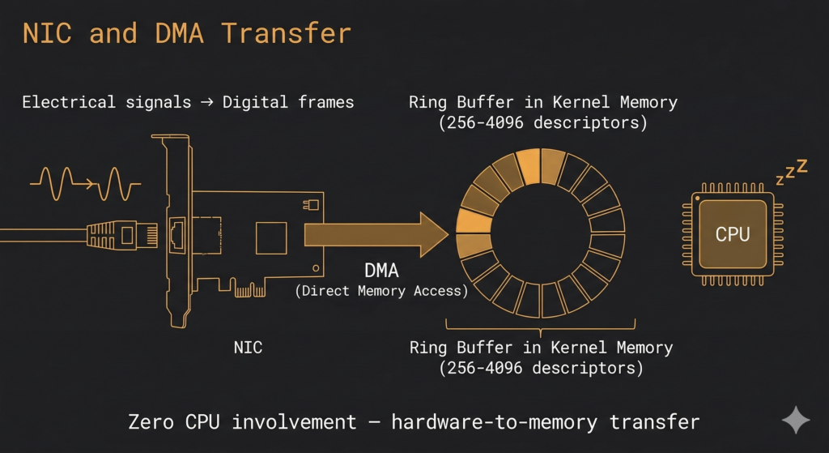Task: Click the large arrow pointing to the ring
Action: (x=376, y=235)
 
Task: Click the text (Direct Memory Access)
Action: (x=380, y=291)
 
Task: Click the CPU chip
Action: (x=732, y=234)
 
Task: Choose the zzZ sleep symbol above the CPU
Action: (x=791, y=171)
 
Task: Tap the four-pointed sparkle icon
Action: (x=795, y=421)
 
